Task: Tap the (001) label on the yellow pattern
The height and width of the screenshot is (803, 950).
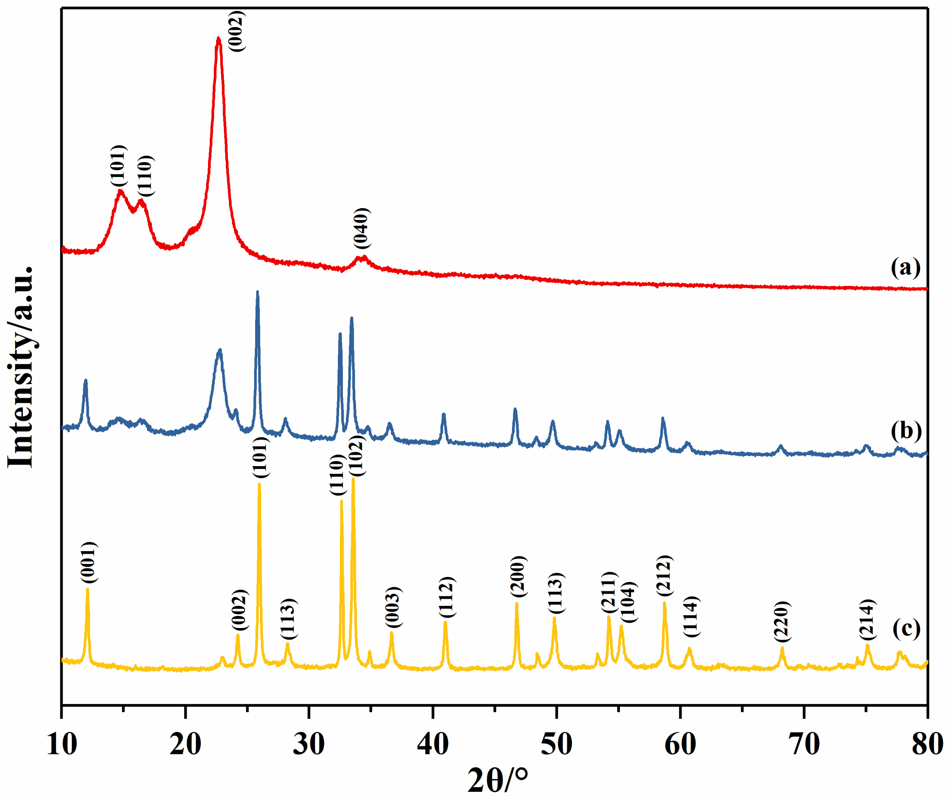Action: pos(89,563)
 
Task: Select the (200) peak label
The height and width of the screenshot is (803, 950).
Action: pos(518,577)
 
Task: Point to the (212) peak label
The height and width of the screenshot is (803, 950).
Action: pos(664,576)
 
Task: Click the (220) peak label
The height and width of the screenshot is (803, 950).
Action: pos(782,622)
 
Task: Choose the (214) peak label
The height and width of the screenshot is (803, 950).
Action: pos(867,620)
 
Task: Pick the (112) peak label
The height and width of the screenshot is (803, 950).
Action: pos(447,597)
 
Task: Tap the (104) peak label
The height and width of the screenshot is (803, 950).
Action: pos(629,602)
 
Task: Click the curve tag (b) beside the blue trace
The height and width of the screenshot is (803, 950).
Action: pos(906,430)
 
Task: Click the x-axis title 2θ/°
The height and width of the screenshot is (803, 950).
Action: pos(497,781)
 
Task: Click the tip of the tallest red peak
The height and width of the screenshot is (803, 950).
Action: pos(218,39)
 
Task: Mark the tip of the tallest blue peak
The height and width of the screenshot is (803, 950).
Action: pos(258,291)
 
